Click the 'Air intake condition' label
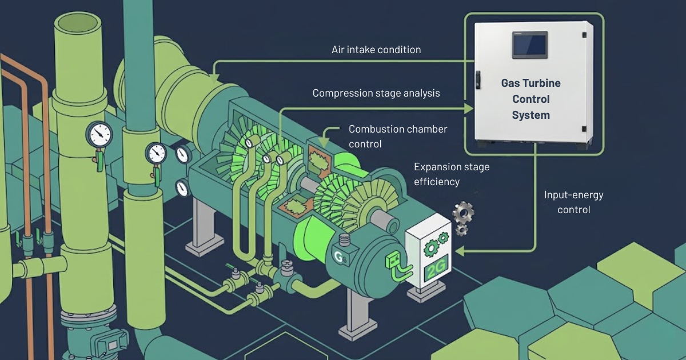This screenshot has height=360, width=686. point(376,50)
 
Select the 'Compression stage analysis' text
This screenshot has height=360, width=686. point(376,93)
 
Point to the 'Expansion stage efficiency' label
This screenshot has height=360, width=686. point(452,174)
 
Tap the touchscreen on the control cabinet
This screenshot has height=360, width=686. point(529,45)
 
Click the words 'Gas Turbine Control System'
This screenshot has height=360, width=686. point(531,99)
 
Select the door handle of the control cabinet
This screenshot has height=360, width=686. point(478,79)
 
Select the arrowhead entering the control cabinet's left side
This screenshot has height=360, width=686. point(470,109)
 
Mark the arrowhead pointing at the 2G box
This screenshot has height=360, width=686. point(458,250)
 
